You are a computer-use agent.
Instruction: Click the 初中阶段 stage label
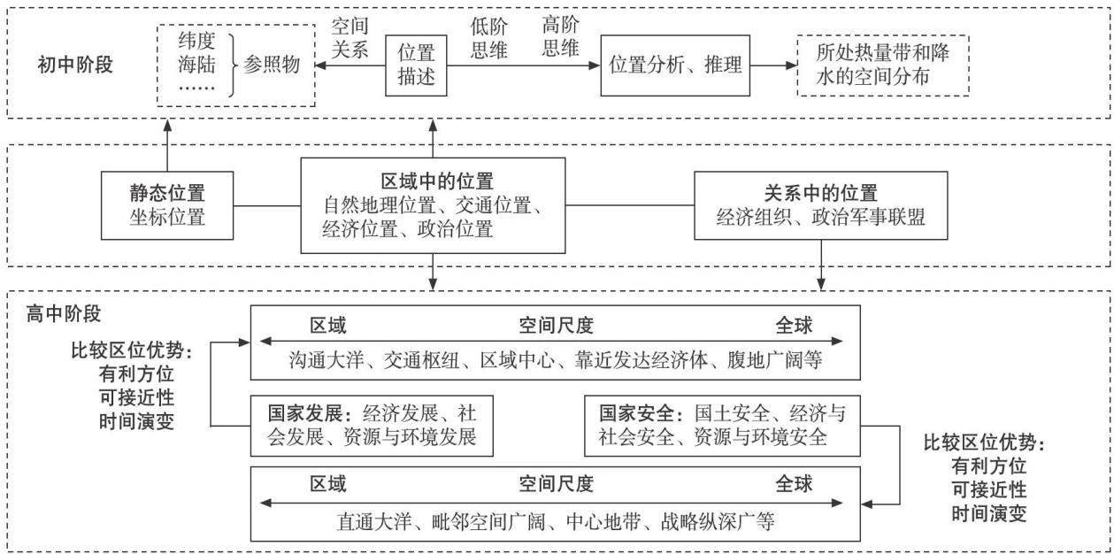(75, 65)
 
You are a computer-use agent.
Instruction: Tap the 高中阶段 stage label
(63, 314)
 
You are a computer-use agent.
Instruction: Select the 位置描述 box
(416, 65)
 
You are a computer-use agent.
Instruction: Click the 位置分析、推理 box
(675, 65)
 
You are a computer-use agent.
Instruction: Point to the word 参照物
(272, 65)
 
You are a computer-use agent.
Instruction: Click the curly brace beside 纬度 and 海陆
(232, 65)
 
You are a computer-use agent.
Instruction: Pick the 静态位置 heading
(167, 193)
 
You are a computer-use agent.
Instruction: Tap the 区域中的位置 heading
(437, 181)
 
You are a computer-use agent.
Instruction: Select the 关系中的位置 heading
(820, 193)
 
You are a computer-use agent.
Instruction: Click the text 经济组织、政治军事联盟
(820, 217)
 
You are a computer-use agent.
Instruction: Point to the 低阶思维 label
(488, 38)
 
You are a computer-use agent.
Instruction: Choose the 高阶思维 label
(560, 36)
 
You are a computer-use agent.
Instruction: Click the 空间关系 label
(350, 38)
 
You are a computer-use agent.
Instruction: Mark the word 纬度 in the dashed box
(197, 41)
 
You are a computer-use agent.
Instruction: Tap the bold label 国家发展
(305, 413)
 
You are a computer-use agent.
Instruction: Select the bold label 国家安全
(636, 413)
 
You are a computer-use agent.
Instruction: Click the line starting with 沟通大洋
(555, 360)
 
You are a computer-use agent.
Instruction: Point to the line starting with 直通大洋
(555, 521)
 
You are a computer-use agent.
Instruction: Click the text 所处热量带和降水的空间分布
(882, 65)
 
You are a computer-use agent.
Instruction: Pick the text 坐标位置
(167, 217)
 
